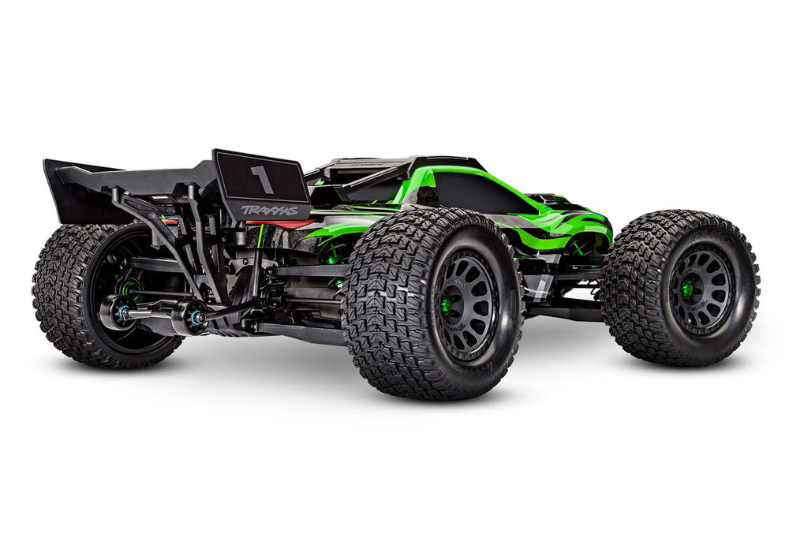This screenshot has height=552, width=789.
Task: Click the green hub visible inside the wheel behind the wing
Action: [x=126, y=288]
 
